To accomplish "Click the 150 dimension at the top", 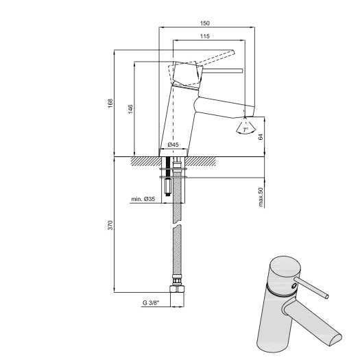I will (x=206, y=23).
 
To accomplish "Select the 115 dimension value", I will (x=205, y=36).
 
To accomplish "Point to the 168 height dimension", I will (x=110, y=103).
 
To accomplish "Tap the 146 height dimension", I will (x=130, y=108).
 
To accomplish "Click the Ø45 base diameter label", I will (x=173, y=145).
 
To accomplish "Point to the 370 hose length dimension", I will (x=110, y=226).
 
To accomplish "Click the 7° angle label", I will (x=245, y=129).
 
